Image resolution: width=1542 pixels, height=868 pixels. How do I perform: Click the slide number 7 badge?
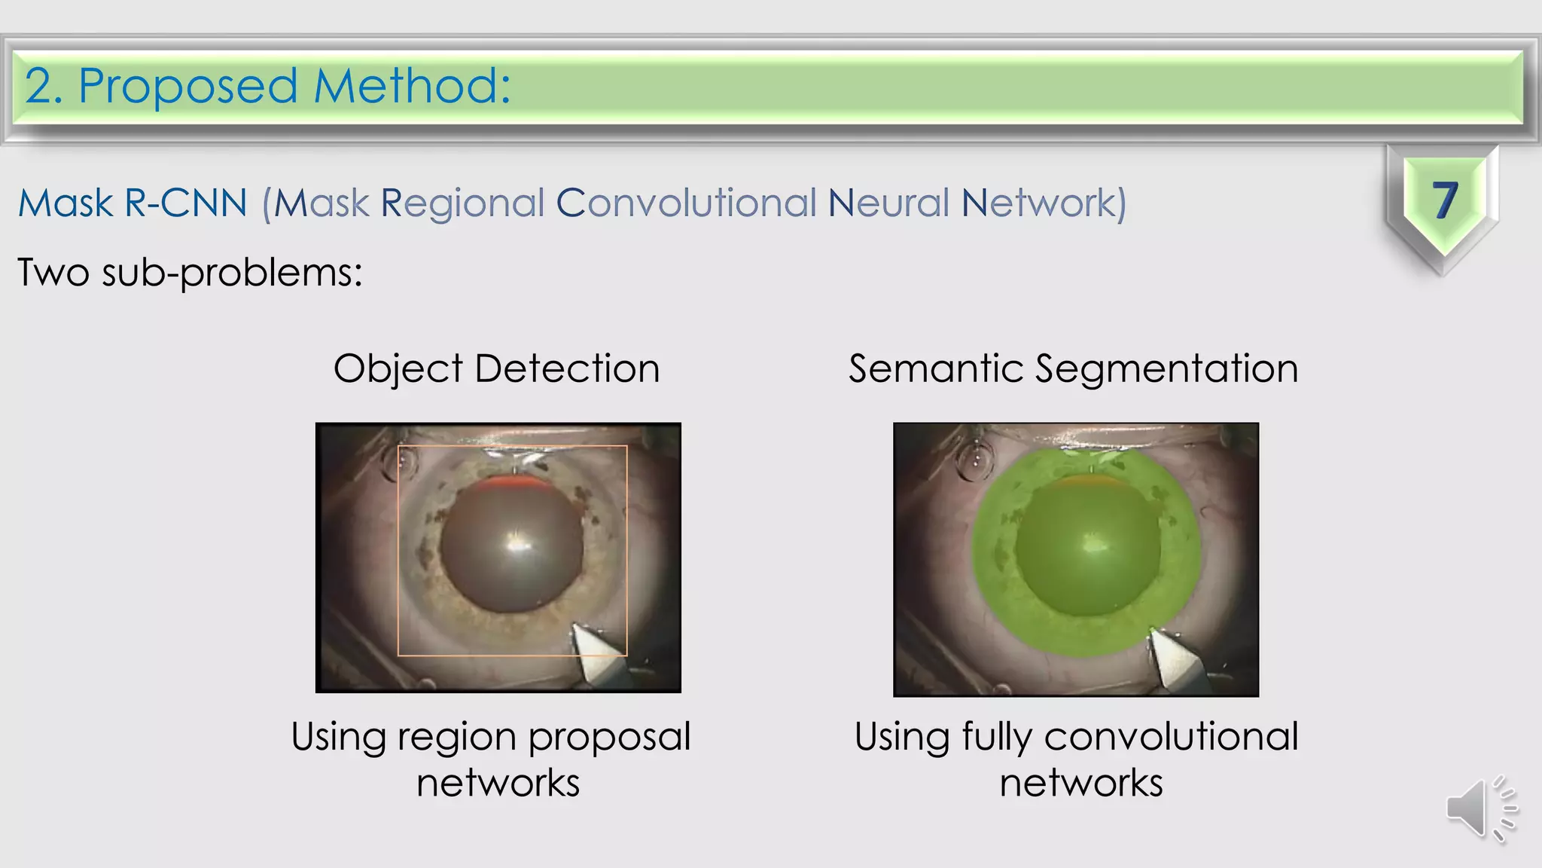click(x=1443, y=201)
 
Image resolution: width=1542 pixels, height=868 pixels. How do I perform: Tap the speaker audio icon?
click(x=1480, y=808)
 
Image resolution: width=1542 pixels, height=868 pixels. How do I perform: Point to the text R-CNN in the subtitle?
click(x=186, y=203)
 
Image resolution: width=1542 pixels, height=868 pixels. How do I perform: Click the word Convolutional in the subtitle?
click(x=686, y=203)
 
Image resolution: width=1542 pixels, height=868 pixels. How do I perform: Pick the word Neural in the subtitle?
click(x=888, y=203)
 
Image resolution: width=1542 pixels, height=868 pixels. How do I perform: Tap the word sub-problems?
click(x=232, y=272)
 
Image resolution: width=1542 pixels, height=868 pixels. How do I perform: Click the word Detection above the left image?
click(x=567, y=368)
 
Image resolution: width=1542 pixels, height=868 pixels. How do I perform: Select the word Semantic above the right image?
click(x=934, y=368)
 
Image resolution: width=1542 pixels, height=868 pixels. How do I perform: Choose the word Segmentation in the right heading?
click(x=1166, y=370)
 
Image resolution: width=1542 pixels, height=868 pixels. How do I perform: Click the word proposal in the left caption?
click(x=609, y=738)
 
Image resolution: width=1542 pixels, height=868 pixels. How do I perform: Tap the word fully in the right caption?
click(x=997, y=738)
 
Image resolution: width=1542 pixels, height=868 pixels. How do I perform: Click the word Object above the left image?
click(x=398, y=370)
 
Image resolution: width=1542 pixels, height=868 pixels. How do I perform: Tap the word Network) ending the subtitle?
click(x=1044, y=203)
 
